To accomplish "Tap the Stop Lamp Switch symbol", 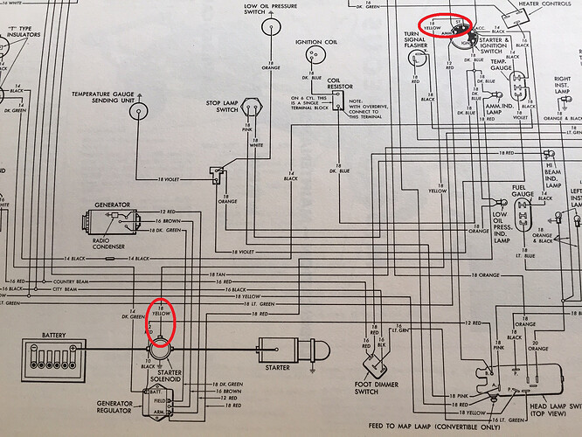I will coord(253,108).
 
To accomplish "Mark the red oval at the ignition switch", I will coord(446,26).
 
